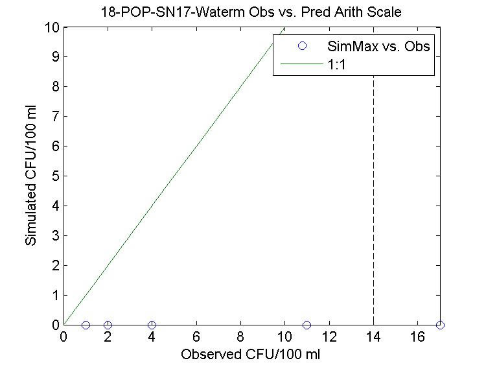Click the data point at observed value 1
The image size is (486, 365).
pos(86,325)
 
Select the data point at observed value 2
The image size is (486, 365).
pos(108,325)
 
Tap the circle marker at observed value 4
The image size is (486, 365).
pos(152,325)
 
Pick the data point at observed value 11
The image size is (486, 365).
pos(307,325)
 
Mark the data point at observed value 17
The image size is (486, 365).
pos(440,325)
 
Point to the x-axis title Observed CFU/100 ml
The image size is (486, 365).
pos(251,355)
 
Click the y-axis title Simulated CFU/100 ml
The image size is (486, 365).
pos(30,176)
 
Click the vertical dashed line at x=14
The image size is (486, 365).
pos(373,194)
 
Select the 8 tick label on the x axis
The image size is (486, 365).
pos(240,337)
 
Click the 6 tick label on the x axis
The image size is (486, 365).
pos(196,337)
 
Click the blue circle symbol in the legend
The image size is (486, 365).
pos(301,47)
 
